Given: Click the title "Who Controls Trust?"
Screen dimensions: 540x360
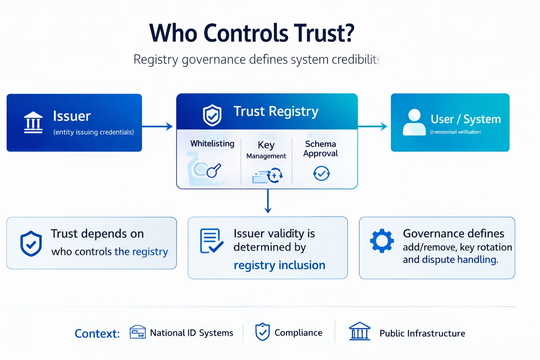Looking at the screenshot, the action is point(252,33).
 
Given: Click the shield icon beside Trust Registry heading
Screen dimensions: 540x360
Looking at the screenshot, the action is point(212,115).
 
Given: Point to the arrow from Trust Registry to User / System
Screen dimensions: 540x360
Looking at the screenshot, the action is point(372,126).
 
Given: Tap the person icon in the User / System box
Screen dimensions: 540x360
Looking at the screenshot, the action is point(414,122).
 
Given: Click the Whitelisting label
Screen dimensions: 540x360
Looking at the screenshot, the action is point(212,143).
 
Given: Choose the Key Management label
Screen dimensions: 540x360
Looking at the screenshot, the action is point(266,150).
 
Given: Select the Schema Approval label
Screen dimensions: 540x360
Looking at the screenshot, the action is point(320,148).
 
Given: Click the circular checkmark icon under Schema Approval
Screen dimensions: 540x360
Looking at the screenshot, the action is point(321,173).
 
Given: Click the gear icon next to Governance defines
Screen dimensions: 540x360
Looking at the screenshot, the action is point(382,241).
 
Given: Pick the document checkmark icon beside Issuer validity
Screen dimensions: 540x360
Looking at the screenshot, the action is point(211,241).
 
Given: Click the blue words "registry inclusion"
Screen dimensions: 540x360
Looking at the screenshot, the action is point(279,265).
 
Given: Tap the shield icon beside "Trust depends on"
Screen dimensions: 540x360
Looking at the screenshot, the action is point(31,243).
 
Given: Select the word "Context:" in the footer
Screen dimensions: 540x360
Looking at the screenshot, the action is point(97,333).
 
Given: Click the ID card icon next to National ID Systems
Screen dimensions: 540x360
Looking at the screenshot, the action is point(137,332).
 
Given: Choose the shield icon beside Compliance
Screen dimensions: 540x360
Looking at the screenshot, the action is point(262,332).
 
